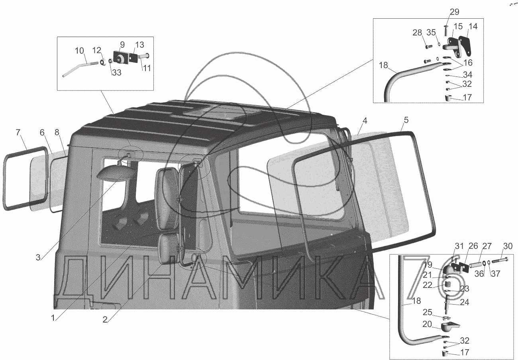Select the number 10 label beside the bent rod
79,51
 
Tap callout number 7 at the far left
18,133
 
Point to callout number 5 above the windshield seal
406,119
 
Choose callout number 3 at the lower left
38,257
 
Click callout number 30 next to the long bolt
507,247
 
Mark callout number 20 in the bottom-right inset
427,324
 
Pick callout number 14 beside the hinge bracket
473,27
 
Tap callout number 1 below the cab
52,318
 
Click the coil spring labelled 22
447,284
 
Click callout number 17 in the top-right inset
467,97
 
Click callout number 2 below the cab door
105,319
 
